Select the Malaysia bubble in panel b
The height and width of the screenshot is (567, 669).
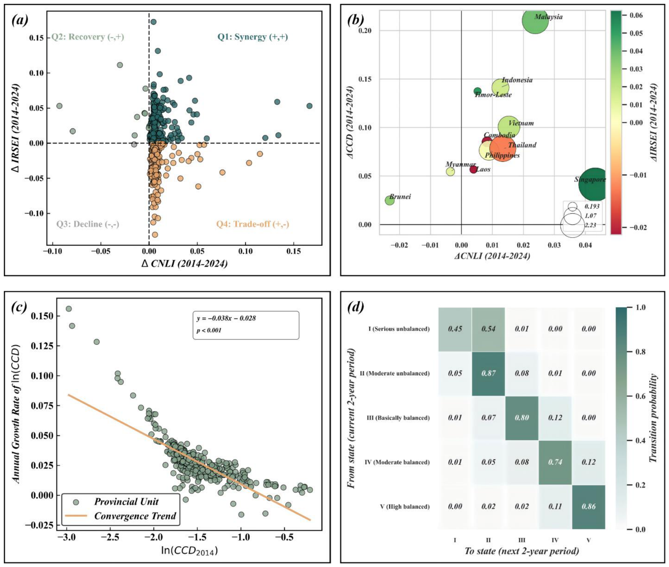536,21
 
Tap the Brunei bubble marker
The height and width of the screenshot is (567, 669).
390,200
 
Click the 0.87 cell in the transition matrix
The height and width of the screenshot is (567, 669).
488,373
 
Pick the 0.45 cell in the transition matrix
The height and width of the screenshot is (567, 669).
455,329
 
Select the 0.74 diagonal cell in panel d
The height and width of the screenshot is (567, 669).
555,462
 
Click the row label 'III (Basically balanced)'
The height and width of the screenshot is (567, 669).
398,418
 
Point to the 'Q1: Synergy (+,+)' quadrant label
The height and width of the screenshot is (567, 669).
253,37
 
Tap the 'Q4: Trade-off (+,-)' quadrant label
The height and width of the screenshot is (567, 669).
253,224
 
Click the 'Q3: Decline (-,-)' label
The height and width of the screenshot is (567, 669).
87,224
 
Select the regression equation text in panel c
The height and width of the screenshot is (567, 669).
226,318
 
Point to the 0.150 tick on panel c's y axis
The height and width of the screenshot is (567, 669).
42,316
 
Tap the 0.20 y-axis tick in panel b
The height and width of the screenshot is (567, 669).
365,31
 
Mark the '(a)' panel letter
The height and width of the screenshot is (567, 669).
20,20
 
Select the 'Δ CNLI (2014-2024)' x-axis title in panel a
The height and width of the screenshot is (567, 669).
185,264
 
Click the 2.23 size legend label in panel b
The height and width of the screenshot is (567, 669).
590,225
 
